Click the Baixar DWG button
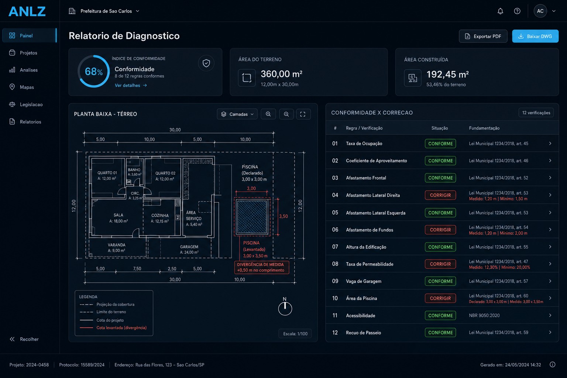tap(535, 36)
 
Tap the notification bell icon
tap(500, 11)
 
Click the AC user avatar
tap(540, 11)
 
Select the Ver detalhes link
tap(131, 85)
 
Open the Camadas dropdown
tap(237, 114)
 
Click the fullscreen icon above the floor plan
tap(303, 114)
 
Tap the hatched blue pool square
tap(252, 217)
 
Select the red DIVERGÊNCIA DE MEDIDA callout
tap(261, 267)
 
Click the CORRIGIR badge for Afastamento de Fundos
tap(440, 230)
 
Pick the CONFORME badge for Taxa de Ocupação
tap(440, 144)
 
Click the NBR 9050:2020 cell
tap(484, 316)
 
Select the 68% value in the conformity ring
tap(93, 72)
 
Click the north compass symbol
tap(285, 307)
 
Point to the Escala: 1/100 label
tap(295, 334)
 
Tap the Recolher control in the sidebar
tap(24, 339)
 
